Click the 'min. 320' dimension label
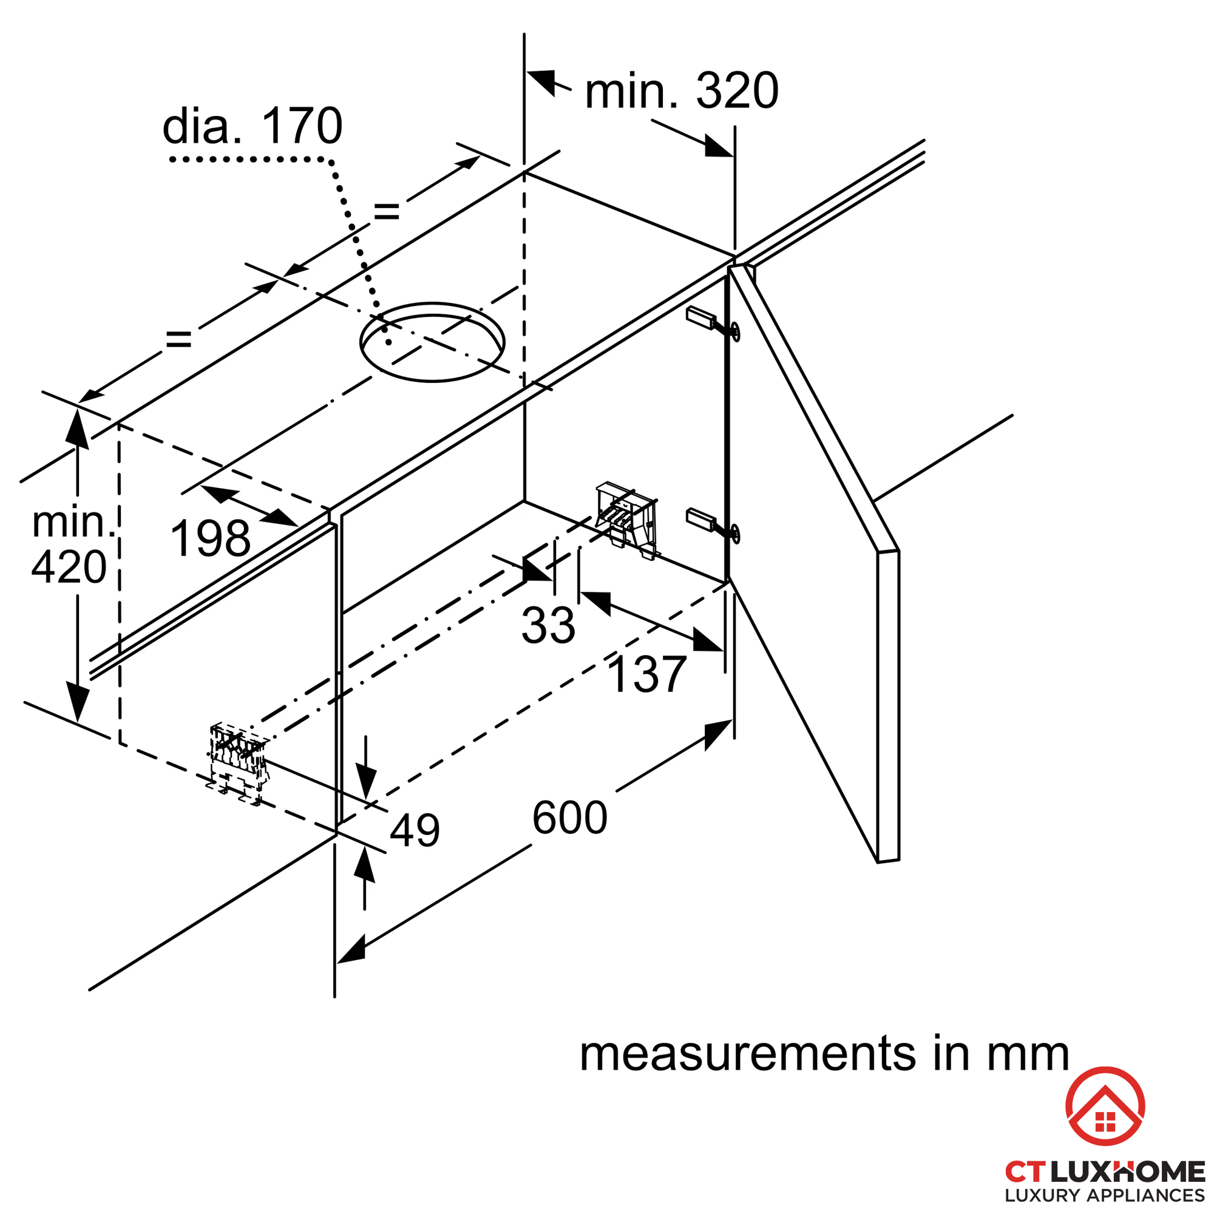(x=681, y=92)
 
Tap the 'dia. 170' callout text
(x=252, y=126)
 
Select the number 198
(x=210, y=539)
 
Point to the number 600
(x=569, y=818)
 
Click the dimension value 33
(x=548, y=625)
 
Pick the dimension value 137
(x=646, y=675)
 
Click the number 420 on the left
(x=69, y=568)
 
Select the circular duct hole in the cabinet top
(x=432, y=342)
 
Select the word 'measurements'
(x=747, y=1054)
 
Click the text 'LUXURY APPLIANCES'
(x=1105, y=1195)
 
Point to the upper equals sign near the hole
(x=387, y=212)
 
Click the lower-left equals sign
(x=178, y=340)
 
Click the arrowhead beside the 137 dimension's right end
(x=708, y=640)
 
